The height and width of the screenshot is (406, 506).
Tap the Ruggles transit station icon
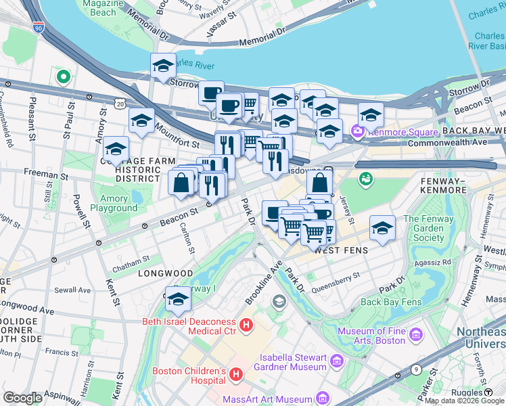coord(488,392)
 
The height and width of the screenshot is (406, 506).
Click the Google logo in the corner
coord(22,398)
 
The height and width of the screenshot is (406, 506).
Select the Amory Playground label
coord(114,204)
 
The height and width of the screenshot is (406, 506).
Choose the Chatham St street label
coord(131,261)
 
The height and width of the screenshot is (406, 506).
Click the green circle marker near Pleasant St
coord(63,77)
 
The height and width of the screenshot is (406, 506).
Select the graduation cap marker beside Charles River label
coord(163,66)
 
